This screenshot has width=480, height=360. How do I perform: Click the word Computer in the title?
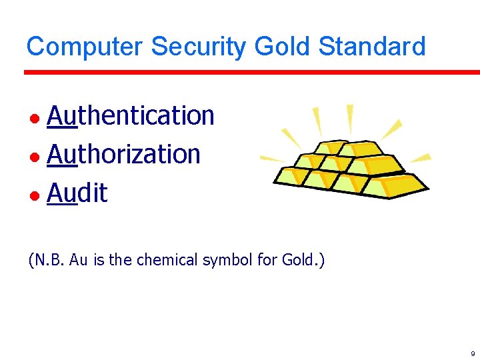(x=85, y=47)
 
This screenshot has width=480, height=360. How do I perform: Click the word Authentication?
(x=131, y=115)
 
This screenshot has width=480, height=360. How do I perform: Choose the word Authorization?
(x=124, y=155)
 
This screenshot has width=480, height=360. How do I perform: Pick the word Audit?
(x=77, y=193)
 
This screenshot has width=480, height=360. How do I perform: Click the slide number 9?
(x=472, y=353)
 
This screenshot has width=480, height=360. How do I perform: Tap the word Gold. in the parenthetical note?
(x=303, y=259)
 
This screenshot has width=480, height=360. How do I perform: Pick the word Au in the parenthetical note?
(x=79, y=259)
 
